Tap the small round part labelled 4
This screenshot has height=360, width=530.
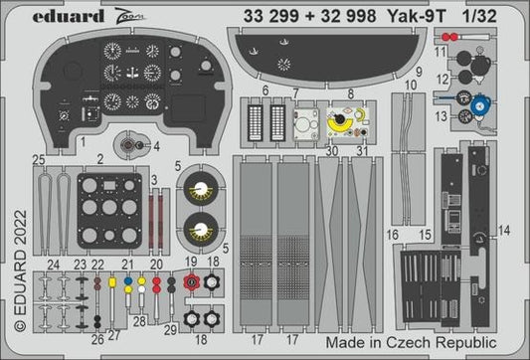coord(128,148)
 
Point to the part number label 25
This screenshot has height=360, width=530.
coord(39,159)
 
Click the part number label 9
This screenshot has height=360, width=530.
coord(420,73)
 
